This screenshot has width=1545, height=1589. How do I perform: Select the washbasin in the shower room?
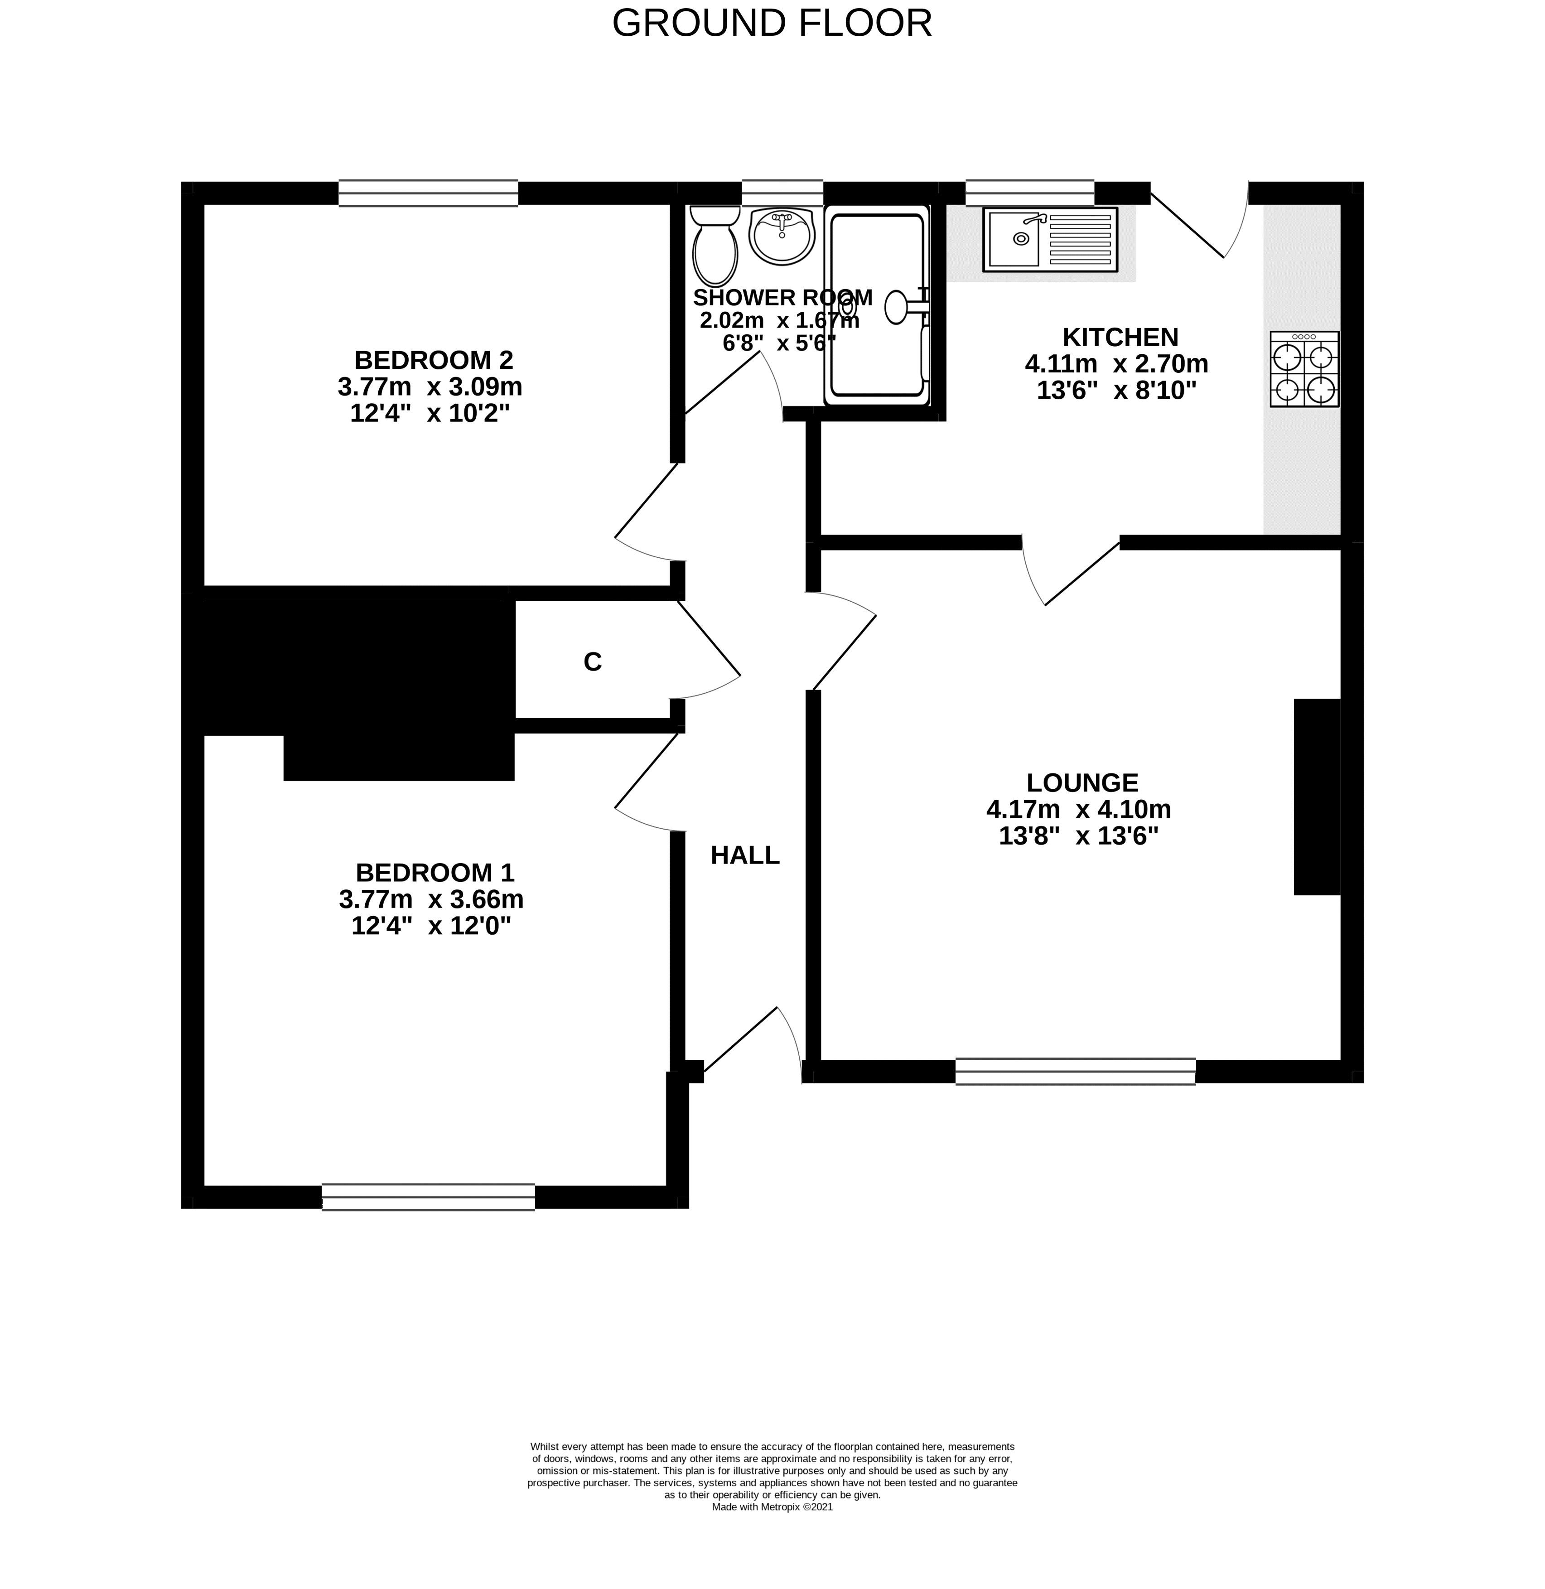pos(781,235)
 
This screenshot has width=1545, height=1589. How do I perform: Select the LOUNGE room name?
pos(1082,782)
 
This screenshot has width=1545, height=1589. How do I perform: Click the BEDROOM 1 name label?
pos(435,872)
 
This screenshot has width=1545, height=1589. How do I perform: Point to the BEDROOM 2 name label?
pos(434,359)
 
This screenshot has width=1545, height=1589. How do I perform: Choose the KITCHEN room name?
pos(1120,337)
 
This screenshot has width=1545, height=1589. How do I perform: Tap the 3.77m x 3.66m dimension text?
pos(431,899)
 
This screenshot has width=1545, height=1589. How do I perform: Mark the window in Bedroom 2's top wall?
pos(428,193)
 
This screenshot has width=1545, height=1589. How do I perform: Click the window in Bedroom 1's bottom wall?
pos(429,1197)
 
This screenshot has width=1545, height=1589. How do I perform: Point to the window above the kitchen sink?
pos(1030,193)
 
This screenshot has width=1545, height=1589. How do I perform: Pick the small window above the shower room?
pos(782,193)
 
